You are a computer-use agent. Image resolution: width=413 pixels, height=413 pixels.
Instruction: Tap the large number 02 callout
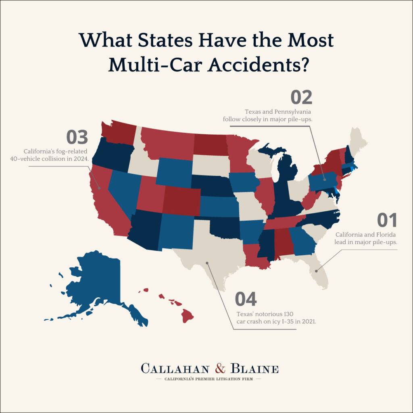302,98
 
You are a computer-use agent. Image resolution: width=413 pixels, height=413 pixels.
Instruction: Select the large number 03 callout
77,138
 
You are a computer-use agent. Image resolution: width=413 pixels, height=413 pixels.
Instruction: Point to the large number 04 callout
246,299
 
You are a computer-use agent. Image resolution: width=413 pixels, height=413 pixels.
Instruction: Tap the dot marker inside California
99,188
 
